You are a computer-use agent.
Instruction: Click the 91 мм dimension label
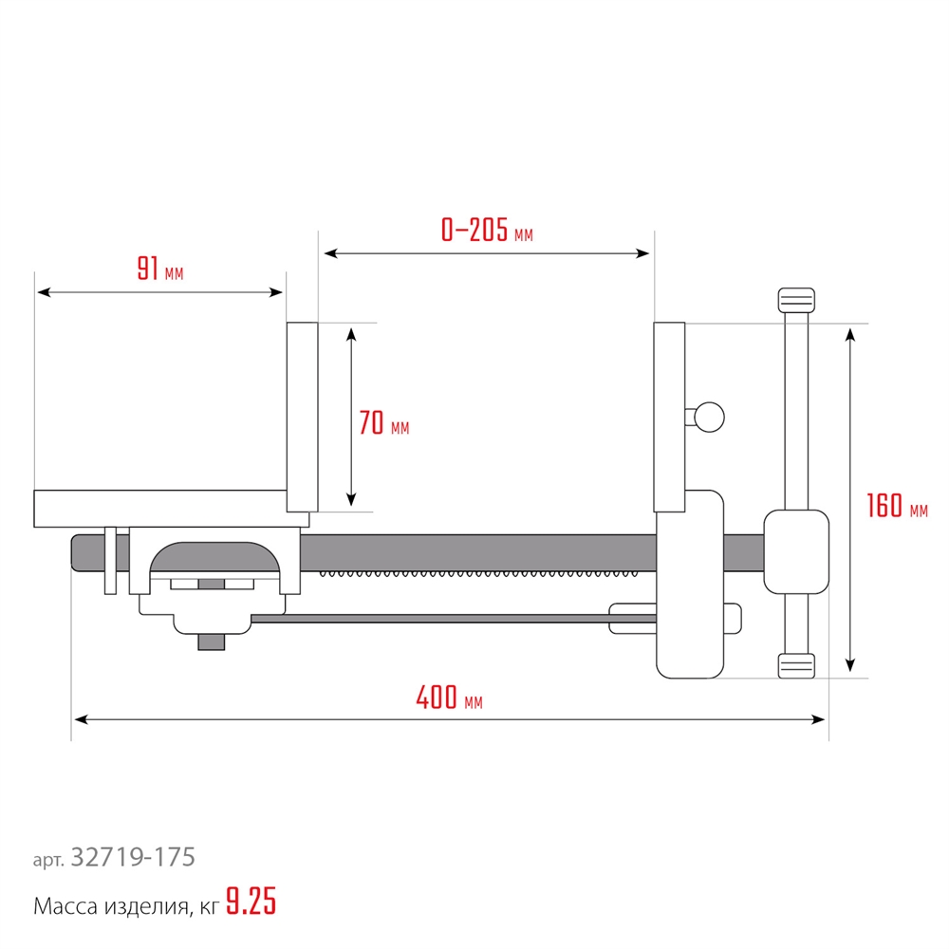(x=159, y=270)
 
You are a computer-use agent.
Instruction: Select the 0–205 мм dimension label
(x=487, y=230)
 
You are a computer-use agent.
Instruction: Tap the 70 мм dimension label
(x=383, y=422)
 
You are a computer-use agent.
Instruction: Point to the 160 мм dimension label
(x=897, y=506)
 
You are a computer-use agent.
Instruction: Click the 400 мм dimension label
(x=449, y=698)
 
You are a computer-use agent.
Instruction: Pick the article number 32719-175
(x=133, y=857)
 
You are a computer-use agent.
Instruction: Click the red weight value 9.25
(x=251, y=902)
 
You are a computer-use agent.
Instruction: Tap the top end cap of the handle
(x=796, y=300)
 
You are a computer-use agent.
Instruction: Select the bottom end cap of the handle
(x=796, y=666)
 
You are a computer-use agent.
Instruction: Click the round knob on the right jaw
(x=709, y=417)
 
